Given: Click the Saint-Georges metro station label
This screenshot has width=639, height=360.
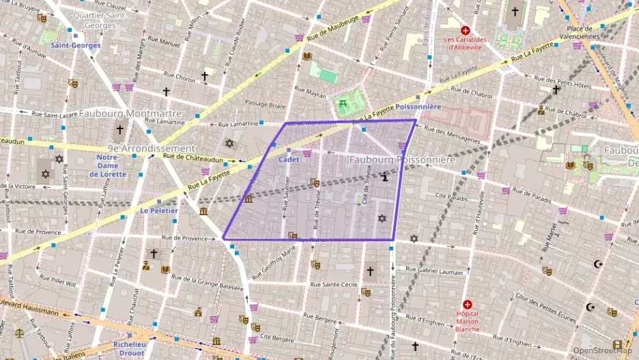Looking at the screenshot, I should coord(75,46).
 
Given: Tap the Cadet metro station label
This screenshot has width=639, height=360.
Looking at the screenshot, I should coord(289,159).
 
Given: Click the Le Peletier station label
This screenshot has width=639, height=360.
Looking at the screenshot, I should coord(159,211).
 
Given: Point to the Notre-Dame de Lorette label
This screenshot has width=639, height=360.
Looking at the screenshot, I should coord(108,166).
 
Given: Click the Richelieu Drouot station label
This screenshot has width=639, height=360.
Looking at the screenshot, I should coord(130,348).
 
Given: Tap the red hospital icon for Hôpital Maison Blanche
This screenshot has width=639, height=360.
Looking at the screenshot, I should coord(467,304).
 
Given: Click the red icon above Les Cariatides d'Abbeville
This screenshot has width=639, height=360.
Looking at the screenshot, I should coord(466,30).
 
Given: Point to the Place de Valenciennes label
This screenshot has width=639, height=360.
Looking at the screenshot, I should coord(579,32).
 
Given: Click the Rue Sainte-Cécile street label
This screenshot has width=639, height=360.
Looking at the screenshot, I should coord(335,284).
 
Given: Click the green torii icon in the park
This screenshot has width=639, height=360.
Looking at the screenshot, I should coord(343,103).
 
